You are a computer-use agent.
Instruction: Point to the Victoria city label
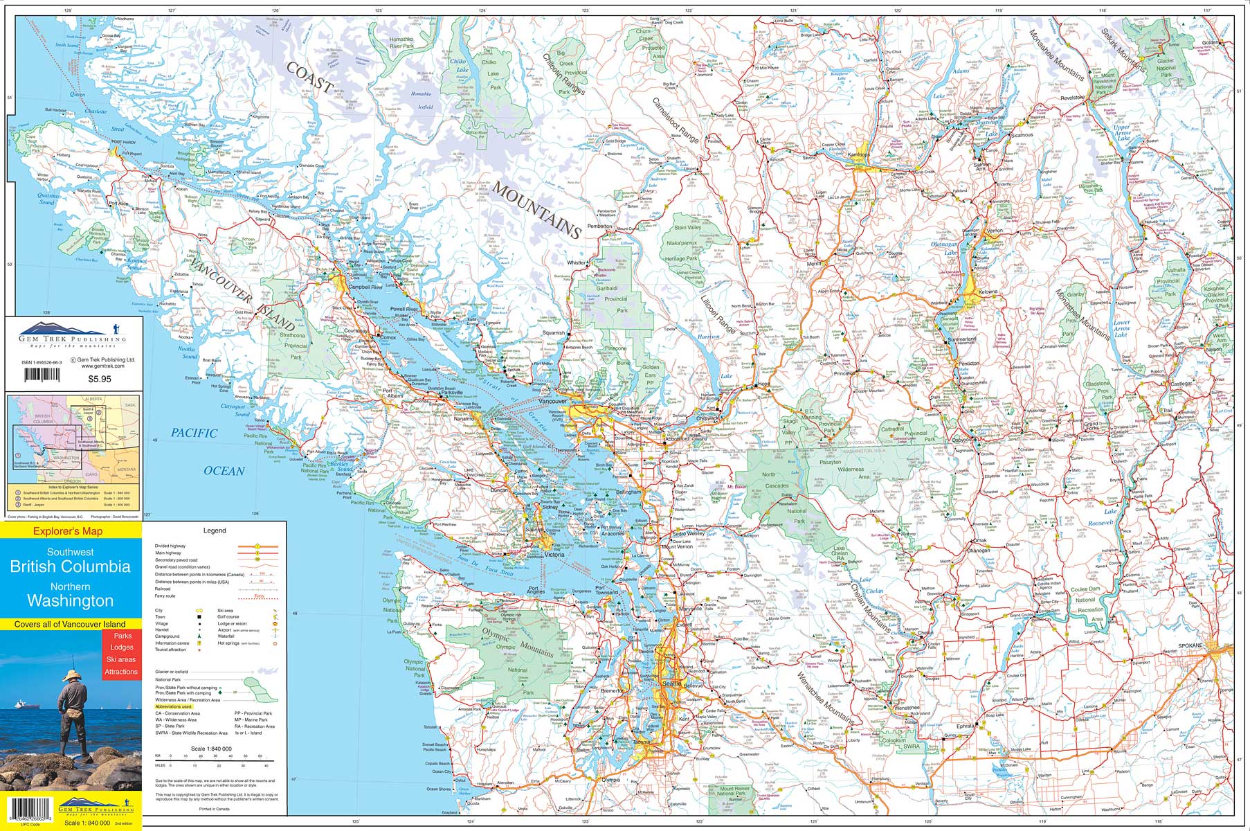[x=554, y=555]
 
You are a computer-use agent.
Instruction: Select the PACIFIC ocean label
[x=194, y=434]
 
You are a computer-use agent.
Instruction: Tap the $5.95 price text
[x=101, y=379]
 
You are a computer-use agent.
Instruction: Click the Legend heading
[x=215, y=530]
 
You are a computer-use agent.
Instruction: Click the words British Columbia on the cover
[x=70, y=566]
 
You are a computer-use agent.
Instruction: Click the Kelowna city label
[x=988, y=292]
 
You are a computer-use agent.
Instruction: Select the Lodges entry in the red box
[x=121, y=647]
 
